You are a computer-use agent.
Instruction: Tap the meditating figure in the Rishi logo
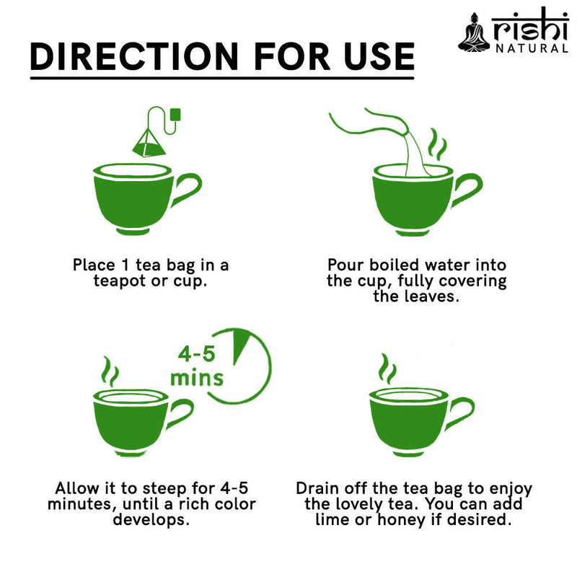[473, 33]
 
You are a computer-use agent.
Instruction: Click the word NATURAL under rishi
[531, 49]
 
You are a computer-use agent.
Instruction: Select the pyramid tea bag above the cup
[148, 141]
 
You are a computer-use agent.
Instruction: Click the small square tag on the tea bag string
[175, 113]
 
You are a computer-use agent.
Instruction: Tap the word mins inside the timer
[196, 378]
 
